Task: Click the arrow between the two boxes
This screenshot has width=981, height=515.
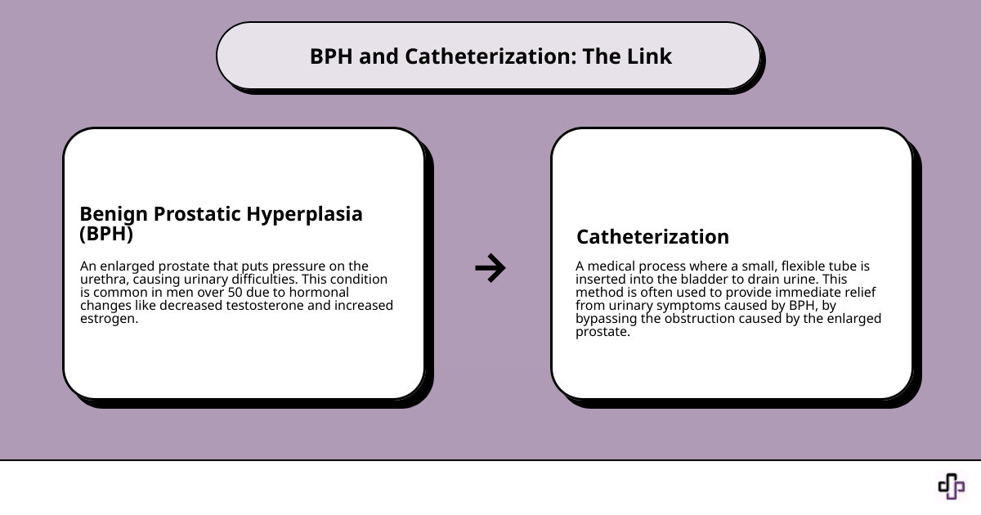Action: (x=490, y=267)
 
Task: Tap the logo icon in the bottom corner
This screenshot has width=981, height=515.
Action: (x=951, y=486)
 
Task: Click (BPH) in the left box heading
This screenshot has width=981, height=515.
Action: (x=106, y=234)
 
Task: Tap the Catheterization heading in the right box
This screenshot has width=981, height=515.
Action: (x=652, y=237)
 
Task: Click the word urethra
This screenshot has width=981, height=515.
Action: (x=102, y=280)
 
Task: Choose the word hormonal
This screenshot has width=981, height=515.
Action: (x=314, y=293)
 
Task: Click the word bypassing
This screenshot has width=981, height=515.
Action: (x=606, y=319)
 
